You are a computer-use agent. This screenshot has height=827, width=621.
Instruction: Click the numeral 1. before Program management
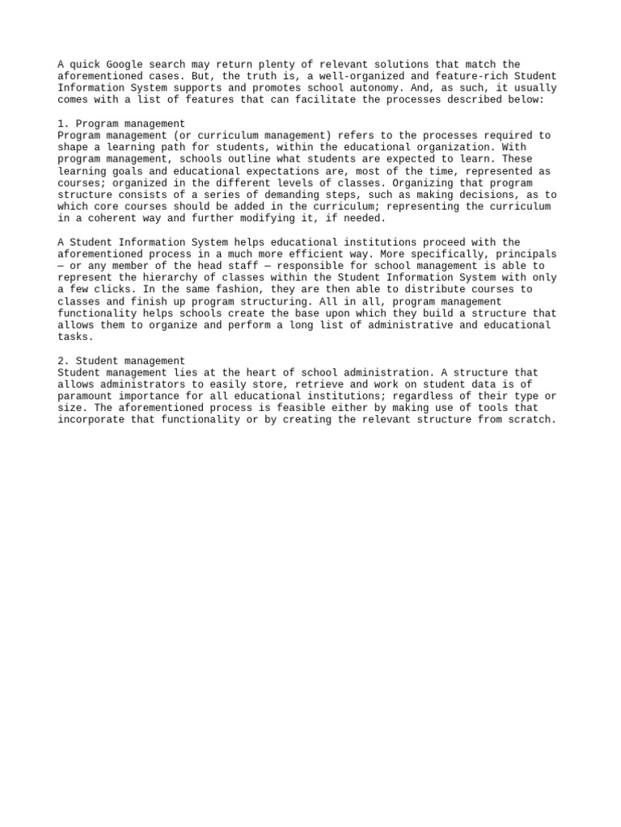coord(63,124)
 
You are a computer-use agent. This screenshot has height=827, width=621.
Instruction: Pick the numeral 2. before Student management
coord(63,361)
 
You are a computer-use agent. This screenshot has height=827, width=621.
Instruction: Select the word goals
coord(125,171)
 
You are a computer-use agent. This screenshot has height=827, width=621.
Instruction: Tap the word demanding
coord(285,195)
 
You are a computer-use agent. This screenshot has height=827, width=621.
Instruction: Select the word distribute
coord(420,289)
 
